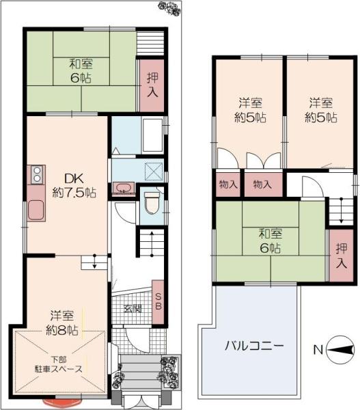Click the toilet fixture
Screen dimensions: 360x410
[151, 204]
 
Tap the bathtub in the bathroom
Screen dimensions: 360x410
[152, 135]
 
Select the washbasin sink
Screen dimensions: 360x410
[122, 188]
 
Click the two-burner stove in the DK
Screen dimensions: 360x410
[37, 174]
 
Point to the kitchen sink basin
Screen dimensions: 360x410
[36, 210]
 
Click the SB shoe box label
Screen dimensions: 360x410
[158, 301]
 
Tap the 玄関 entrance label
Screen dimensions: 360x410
[133, 309]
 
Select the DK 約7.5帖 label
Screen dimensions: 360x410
[74, 186]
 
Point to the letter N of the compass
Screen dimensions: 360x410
[318, 350]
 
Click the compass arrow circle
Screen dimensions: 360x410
[341, 350]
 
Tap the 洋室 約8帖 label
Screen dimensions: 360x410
[62, 323]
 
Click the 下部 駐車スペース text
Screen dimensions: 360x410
[59, 364]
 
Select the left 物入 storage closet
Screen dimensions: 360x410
[228, 184]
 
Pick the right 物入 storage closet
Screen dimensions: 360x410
[263, 184]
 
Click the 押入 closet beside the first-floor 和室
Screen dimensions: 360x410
[152, 85]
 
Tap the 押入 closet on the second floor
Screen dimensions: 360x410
[341, 256]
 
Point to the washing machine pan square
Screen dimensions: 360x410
[154, 172]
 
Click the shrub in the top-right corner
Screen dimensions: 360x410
[170, 9]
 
